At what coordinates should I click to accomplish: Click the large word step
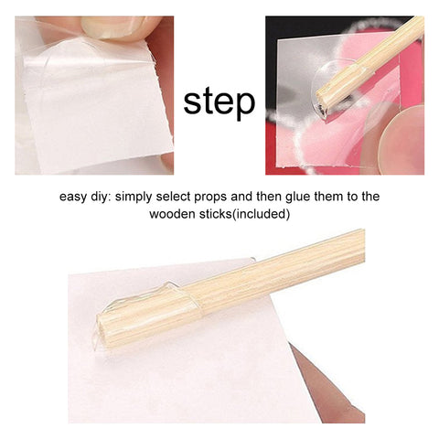click(219, 102)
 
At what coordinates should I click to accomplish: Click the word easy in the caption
click(73, 197)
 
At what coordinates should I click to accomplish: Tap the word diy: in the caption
click(102, 197)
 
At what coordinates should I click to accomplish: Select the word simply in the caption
click(134, 197)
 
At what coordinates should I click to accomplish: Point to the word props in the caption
click(211, 198)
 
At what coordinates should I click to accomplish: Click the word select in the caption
click(173, 197)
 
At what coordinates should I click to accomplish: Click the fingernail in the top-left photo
click(113, 27)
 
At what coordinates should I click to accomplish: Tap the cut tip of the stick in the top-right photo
click(322, 107)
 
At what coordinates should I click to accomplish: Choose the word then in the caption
click(269, 197)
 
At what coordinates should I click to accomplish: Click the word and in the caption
click(241, 197)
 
